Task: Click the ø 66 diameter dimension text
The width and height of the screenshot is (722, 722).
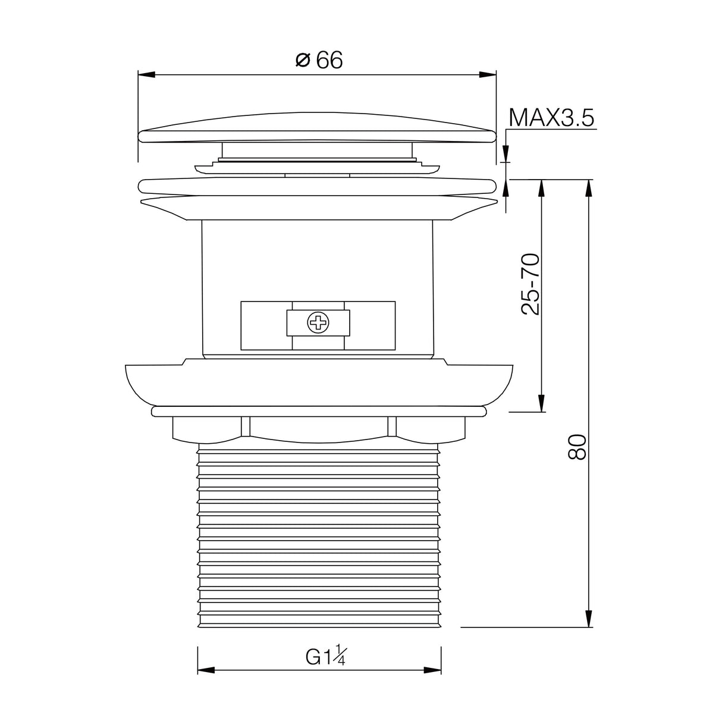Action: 320,60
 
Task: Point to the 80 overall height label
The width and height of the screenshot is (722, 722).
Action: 577,446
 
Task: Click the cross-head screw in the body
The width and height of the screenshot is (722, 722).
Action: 318,324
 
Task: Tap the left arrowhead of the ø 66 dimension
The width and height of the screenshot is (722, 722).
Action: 146,75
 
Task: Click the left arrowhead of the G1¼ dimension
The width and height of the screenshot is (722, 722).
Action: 206,670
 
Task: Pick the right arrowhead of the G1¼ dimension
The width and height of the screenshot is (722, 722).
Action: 432,670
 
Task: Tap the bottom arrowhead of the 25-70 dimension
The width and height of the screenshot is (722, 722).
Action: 542,403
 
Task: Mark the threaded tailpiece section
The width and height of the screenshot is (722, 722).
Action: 319,535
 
